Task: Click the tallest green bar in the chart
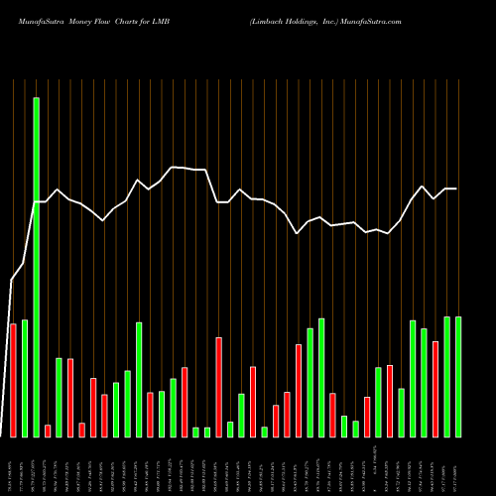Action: click(x=37, y=268)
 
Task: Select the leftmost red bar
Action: click(x=13, y=380)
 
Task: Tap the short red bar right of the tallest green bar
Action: click(x=48, y=431)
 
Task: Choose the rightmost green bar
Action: click(x=458, y=377)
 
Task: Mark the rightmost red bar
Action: click(x=435, y=389)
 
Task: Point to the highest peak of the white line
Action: click(x=174, y=167)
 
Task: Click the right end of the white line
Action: click(x=457, y=188)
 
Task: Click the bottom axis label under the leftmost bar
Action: click(x=13, y=466)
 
